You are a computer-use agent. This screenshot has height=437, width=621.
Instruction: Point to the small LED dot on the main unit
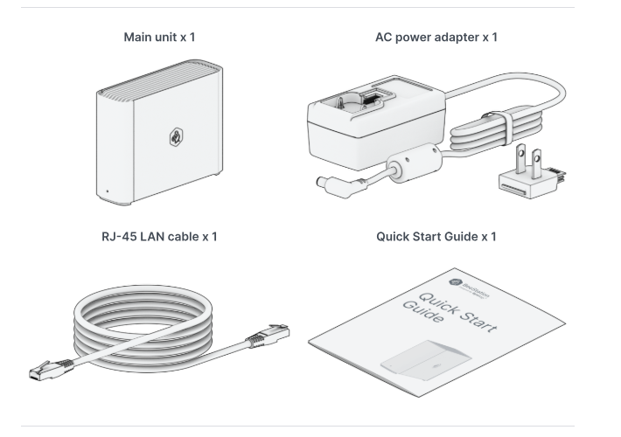pos(107,191)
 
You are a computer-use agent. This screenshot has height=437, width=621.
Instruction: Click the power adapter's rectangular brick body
pos(367,131)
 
